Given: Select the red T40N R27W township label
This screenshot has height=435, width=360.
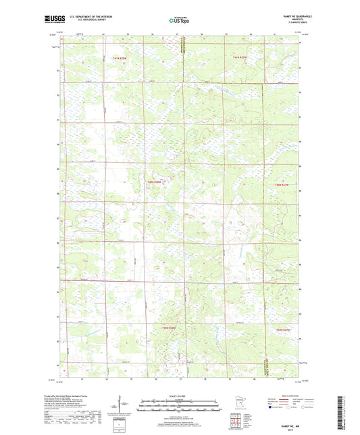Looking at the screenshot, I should [x=282, y=184].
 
